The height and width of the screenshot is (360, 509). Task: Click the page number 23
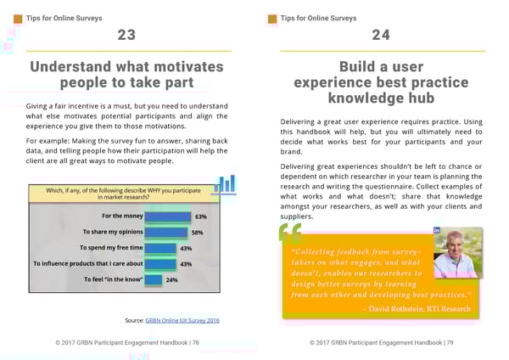(x=126, y=36)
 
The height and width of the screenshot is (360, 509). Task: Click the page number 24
(x=381, y=36)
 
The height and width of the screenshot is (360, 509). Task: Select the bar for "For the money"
(x=167, y=217)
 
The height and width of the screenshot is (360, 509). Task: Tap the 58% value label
(x=196, y=232)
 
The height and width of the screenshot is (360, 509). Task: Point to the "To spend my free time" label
(x=112, y=248)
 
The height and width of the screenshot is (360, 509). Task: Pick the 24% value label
(x=171, y=279)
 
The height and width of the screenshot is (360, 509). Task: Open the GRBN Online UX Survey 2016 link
(x=182, y=320)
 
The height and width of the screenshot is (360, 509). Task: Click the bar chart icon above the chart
(x=225, y=184)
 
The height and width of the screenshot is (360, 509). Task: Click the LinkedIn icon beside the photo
(x=437, y=231)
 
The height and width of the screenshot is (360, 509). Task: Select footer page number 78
(x=196, y=342)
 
